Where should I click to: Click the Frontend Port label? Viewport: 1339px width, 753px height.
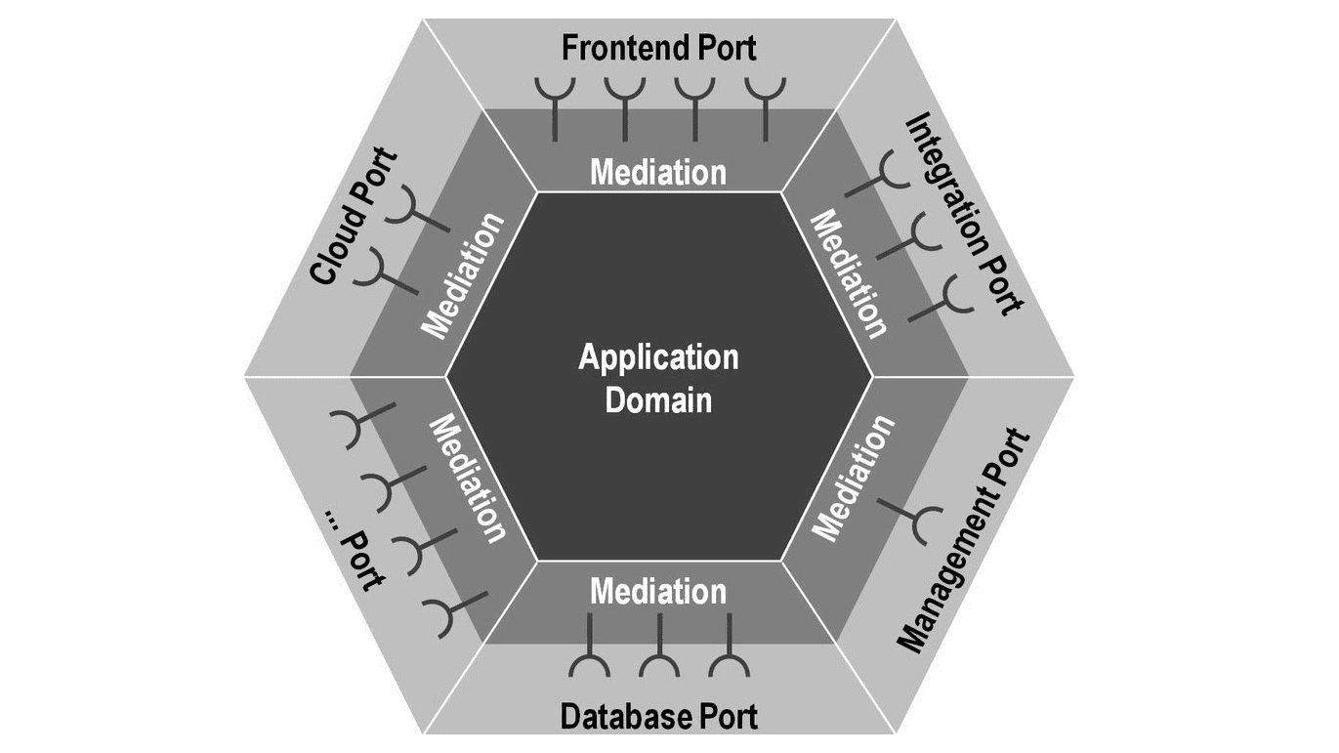659,46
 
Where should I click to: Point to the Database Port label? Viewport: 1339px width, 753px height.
659,717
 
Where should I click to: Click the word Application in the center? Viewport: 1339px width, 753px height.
659,357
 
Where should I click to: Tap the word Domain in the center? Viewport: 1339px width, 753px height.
659,398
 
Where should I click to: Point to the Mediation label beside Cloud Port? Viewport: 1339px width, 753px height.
464,275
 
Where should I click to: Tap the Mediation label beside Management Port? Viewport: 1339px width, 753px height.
853,479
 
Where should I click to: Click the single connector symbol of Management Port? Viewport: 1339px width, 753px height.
913,519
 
